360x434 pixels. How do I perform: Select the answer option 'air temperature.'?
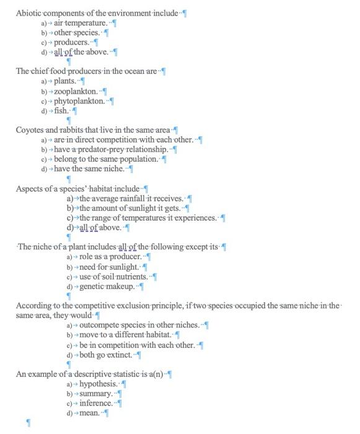click(x=81, y=23)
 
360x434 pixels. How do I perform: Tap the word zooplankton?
click(x=76, y=92)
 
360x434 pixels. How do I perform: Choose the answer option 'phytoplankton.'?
click(x=79, y=101)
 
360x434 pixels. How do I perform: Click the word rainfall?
click(x=137, y=198)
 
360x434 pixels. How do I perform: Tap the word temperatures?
click(x=148, y=218)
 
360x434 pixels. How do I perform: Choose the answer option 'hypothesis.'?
click(x=98, y=384)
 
